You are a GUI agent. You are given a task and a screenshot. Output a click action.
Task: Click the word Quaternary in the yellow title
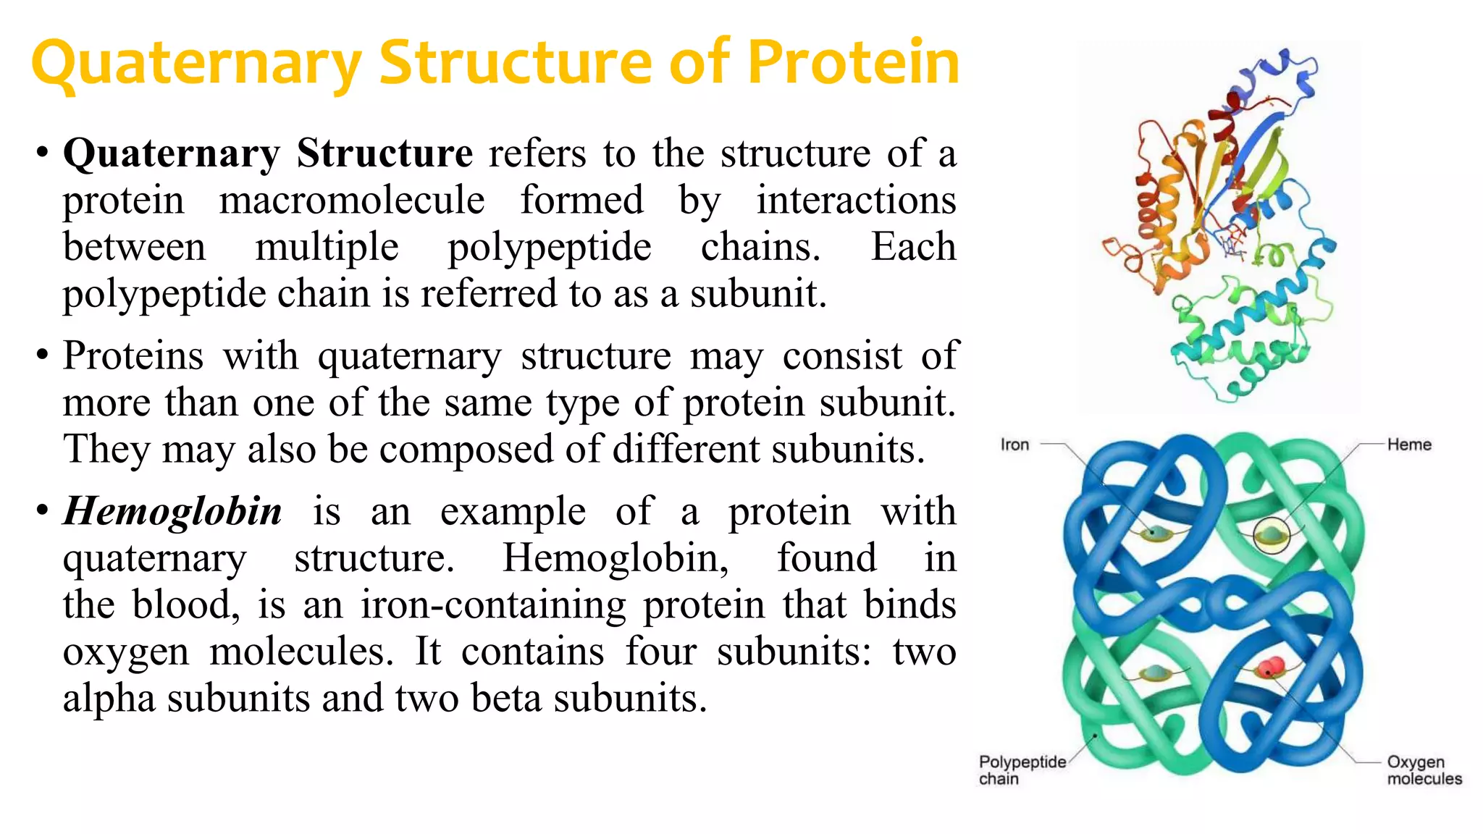tap(196, 64)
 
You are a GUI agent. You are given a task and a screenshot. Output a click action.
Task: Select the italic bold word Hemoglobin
tap(172, 511)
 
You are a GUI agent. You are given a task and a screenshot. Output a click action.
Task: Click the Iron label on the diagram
tap(1014, 445)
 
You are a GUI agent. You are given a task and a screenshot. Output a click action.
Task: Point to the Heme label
tap(1409, 445)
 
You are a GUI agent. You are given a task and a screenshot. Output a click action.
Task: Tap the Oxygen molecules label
tap(1424, 770)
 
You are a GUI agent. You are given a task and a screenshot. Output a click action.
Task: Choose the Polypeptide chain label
tap(1022, 770)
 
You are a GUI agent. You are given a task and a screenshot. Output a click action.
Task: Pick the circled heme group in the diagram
tap(1272, 536)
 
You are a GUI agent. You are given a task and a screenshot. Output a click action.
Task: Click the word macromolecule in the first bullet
tap(352, 201)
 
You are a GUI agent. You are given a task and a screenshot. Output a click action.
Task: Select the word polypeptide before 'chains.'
tap(550, 248)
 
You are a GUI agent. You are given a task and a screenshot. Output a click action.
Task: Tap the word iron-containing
tap(493, 605)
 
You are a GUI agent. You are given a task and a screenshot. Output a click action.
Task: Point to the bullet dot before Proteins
tap(42, 355)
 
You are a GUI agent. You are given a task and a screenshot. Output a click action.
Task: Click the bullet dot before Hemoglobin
tap(42, 511)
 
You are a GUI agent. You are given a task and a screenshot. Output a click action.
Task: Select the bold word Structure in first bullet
tap(385, 153)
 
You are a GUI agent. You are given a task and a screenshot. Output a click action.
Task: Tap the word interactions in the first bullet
tap(856, 201)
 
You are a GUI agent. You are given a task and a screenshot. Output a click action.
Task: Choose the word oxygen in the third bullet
tap(126, 652)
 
